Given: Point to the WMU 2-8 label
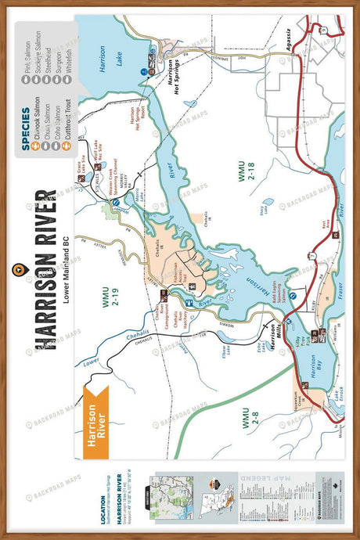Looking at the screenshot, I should click(247, 423).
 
